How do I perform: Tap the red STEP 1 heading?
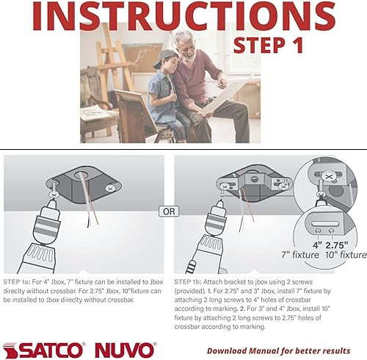click(x=268, y=45)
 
